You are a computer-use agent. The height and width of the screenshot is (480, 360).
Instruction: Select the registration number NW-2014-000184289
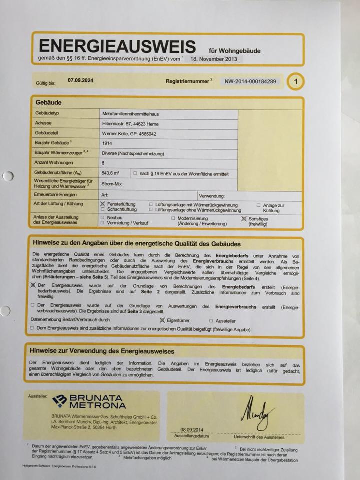coord(250,81)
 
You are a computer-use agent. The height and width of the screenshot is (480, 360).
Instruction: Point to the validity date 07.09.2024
coord(81,80)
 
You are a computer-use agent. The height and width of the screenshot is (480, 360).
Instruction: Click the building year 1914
coord(107,143)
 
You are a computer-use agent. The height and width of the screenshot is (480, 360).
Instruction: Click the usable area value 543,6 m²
coord(110,173)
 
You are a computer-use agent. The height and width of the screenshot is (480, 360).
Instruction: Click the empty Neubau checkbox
coord(102,218)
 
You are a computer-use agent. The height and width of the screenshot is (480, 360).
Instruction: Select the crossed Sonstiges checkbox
coord(244,218)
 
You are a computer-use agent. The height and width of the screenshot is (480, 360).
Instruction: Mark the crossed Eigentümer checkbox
coord(162,320)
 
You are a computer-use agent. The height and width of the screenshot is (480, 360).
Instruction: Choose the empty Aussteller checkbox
coord(211,321)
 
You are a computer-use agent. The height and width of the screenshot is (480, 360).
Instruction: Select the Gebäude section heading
coord(49,102)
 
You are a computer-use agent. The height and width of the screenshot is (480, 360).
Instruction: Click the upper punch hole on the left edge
coord(8,176)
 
